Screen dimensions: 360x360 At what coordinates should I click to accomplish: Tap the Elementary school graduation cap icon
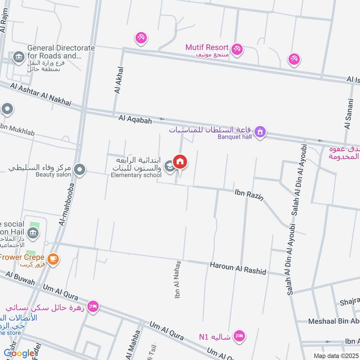169,167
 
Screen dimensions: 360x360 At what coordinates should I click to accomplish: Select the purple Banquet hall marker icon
259,132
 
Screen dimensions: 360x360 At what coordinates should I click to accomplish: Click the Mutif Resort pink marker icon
237,49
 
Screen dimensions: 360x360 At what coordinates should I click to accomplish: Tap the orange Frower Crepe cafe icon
53,259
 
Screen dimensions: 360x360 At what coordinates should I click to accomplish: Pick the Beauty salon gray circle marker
80,170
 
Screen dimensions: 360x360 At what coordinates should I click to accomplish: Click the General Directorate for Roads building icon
18,57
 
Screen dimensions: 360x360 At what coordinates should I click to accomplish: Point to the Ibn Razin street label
248,194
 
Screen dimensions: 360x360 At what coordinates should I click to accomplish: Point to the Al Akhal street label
119,80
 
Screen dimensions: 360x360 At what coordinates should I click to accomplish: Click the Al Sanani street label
348,113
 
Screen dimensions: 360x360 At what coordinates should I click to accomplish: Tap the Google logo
19,353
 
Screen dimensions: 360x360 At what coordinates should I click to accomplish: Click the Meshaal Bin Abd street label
333,321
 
